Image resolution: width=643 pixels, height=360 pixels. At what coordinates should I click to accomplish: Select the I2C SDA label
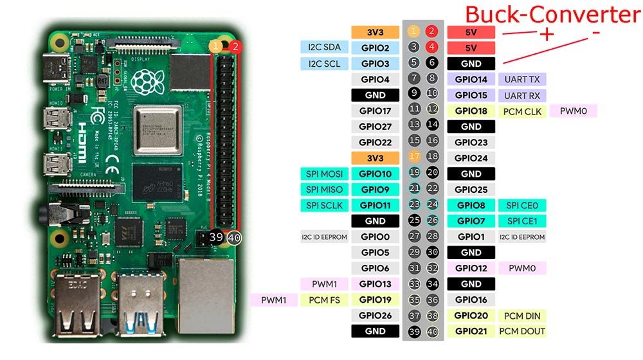[x=324, y=48]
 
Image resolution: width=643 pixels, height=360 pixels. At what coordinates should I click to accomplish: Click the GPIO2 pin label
[x=376, y=48]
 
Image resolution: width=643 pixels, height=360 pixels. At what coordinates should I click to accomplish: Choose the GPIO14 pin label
[x=471, y=79]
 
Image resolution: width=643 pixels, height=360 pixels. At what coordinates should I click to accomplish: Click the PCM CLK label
[x=522, y=111]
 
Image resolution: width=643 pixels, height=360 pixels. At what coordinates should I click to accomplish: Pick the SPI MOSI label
[x=324, y=174]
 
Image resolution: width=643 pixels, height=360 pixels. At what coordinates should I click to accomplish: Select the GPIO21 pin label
[x=471, y=331]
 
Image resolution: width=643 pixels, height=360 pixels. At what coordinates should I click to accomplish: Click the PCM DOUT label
[x=523, y=331]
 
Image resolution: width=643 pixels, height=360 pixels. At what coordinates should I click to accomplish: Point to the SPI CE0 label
[x=521, y=205]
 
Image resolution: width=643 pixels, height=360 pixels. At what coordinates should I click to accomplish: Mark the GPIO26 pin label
[x=376, y=316]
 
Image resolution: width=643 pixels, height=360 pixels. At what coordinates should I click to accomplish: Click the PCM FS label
[x=324, y=300]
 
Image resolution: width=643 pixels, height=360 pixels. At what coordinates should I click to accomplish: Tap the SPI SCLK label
[x=324, y=205]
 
